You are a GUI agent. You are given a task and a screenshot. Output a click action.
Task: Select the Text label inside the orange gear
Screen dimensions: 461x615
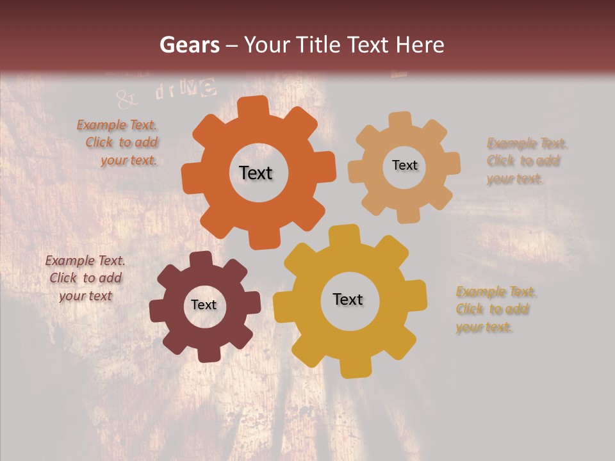click(256, 173)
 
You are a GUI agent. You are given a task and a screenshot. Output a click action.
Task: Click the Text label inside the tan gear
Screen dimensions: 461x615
click(404, 165)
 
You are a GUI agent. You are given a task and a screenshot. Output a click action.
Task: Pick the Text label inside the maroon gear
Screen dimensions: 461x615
click(204, 305)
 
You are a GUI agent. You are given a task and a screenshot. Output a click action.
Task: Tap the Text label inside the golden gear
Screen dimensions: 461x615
click(348, 299)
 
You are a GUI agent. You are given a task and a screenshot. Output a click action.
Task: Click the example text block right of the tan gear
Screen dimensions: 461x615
click(527, 161)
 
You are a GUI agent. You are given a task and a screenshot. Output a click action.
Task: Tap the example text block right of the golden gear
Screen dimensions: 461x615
click(496, 309)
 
